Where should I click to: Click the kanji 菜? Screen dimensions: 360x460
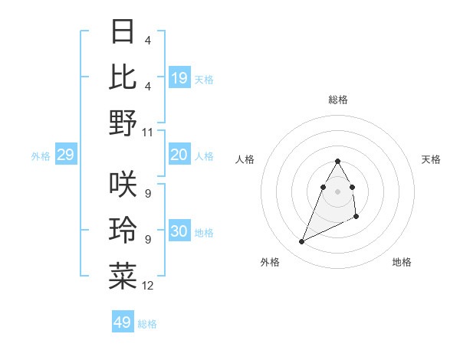click(123, 276)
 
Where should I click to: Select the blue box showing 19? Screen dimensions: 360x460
click(179, 77)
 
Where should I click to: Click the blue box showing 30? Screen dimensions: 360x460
click(179, 232)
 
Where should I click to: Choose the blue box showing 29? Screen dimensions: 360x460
click(65, 155)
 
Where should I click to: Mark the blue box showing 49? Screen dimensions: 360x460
click(123, 322)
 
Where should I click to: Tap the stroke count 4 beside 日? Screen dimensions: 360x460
click(147, 41)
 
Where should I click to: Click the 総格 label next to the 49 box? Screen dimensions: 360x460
click(147, 324)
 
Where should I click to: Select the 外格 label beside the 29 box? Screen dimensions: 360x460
click(41, 156)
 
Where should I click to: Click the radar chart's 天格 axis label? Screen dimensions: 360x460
click(431, 159)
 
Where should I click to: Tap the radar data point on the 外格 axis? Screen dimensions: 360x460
click(302, 242)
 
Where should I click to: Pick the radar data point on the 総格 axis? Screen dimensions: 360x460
click(338, 161)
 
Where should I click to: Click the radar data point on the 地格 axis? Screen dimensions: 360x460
click(357, 218)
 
